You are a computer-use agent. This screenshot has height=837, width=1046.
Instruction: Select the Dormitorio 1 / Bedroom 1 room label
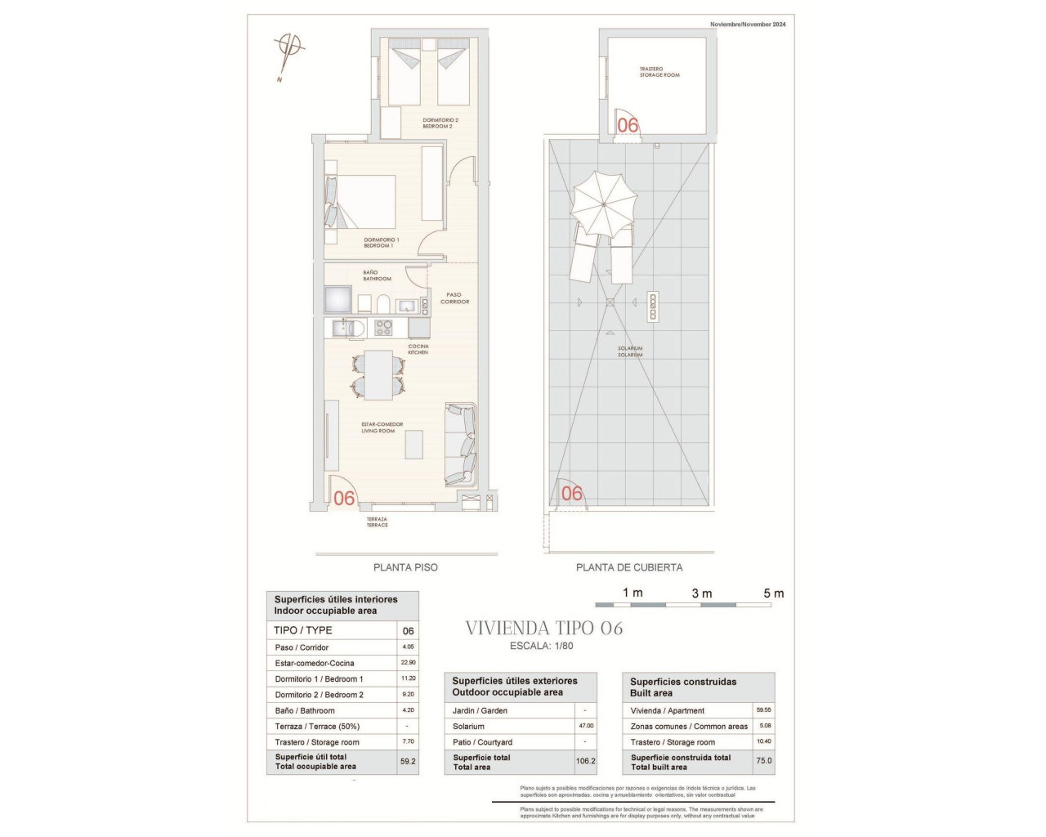pyautogui.click(x=380, y=243)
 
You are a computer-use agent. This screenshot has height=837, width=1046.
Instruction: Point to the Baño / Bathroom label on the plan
pyautogui.click(x=377, y=275)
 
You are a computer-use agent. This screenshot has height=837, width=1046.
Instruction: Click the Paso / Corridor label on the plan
pyautogui.click(x=454, y=298)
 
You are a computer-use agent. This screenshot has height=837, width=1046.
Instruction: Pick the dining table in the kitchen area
pyautogui.click(x=378, y=374)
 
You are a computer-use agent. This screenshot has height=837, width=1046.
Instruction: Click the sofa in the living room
pyautogui.click(x=461, y=445)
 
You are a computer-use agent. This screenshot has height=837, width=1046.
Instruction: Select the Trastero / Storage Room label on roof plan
pyautogui.click(x=659, y=72)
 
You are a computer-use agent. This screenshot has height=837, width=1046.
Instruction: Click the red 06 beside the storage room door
pyautogui.click(x=628, y=125)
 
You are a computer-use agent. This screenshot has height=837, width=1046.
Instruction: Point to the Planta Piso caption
pyautogui.click(x=405, y=567)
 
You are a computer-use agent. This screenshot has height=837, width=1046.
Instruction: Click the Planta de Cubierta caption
pyautogui.click(x=628, y=567)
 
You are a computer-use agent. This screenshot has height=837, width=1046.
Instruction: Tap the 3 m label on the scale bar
pyautogui.click(x=701, y=593)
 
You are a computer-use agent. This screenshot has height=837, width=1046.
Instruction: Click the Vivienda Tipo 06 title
pyautogui.click(x=543, y=628)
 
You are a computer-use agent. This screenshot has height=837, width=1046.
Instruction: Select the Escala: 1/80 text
pyautogui.click(x=541, y=646)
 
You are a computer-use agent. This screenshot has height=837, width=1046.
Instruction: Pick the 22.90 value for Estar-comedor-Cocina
pyautogui.click(x=408, y=663)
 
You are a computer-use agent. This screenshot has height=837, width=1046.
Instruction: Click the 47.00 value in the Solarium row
pyautogui.click(x=585, y=726)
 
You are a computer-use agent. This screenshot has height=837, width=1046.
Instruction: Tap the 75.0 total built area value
pyautogui.click(x=763, y=761)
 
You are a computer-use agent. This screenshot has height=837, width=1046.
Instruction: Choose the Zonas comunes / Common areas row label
pyautogui.click(x=688, y=726)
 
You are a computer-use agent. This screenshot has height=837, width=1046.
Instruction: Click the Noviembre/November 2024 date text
pyautogui.click(x=747, y=25)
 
